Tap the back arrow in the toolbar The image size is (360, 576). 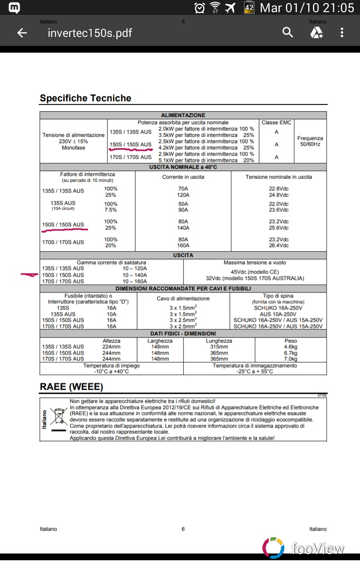click(22, 33)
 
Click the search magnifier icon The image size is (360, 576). click(288, 32)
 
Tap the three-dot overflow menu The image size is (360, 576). click(342, 32)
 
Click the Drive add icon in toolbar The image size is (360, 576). click(316, 32)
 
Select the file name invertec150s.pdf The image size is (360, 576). click(90, 33)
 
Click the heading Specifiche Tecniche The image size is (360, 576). click(85, 98)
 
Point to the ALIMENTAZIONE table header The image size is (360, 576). click(183, 115)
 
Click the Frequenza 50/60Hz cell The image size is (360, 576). click(310, 141)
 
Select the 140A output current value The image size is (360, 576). click(183, 228)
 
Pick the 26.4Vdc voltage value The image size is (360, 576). click(279, 246)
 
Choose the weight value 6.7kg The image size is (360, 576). click(291, 353)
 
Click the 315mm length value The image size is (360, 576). click(219, 347)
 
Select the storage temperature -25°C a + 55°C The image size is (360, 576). click(255, 372)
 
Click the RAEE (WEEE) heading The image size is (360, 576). click(72, 387)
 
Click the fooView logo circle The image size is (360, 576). click(273, 548)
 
